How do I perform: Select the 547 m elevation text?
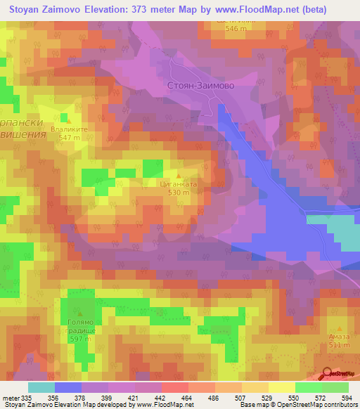68,138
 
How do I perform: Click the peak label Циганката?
179,183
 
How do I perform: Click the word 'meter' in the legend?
11,397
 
